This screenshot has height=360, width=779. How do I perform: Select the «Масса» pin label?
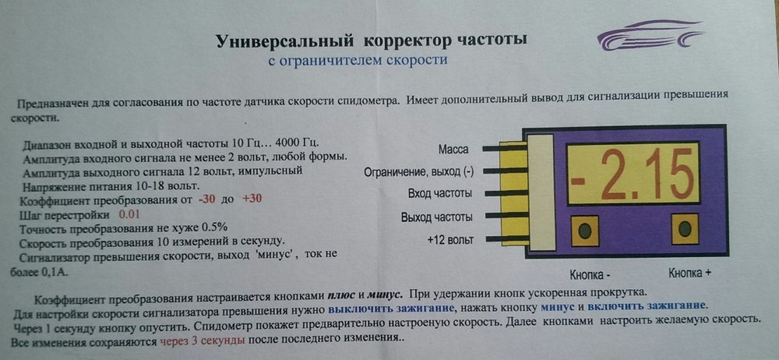(x=453, y=149)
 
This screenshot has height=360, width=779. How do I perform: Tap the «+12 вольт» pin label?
(x=450, y=238)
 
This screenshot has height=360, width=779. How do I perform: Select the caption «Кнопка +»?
(x=692, y=274)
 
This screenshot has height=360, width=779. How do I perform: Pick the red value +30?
(x=252, y=199)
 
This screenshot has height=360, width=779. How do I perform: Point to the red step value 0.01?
(x=130, y=213)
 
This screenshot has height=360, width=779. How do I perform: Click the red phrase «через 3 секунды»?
(x=202, y=341)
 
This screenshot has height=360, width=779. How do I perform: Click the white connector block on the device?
(x=541, y=193)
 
